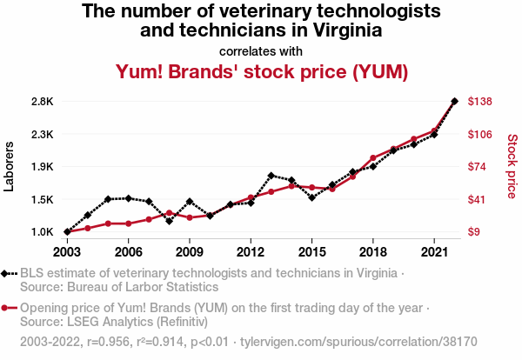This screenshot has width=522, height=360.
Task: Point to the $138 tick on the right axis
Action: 481,102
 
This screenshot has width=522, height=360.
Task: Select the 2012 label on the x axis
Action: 251,252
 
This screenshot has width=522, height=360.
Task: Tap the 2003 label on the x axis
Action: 67,252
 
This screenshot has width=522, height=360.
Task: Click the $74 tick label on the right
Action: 478,167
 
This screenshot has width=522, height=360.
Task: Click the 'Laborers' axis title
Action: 10,167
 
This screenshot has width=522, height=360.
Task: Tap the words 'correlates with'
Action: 262,50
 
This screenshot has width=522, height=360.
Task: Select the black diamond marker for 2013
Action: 271,176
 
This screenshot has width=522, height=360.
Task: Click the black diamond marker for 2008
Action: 169,221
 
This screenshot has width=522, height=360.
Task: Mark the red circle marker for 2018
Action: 372,158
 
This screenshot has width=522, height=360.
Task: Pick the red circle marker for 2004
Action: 88,228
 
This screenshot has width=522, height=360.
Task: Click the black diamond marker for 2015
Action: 311,197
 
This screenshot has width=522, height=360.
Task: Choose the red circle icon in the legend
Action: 10,308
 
